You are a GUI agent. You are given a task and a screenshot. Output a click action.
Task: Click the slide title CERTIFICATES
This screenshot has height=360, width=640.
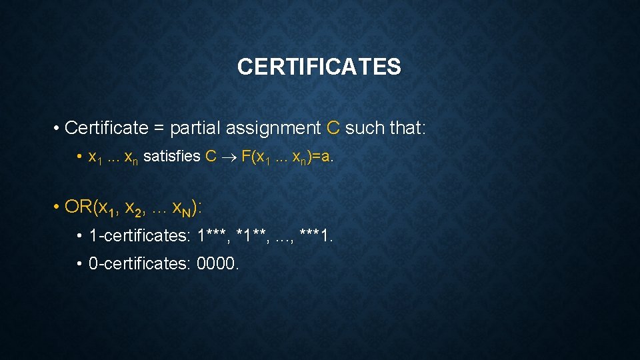(319, 67)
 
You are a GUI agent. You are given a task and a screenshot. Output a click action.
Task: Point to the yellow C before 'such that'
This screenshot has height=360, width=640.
(334, 127)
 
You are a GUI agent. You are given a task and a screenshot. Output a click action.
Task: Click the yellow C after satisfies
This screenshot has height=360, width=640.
(211, 157)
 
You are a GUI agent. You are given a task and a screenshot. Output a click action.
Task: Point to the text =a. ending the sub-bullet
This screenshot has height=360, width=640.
(323, 157)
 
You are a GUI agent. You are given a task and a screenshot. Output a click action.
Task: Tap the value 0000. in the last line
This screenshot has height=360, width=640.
(217, 264)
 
